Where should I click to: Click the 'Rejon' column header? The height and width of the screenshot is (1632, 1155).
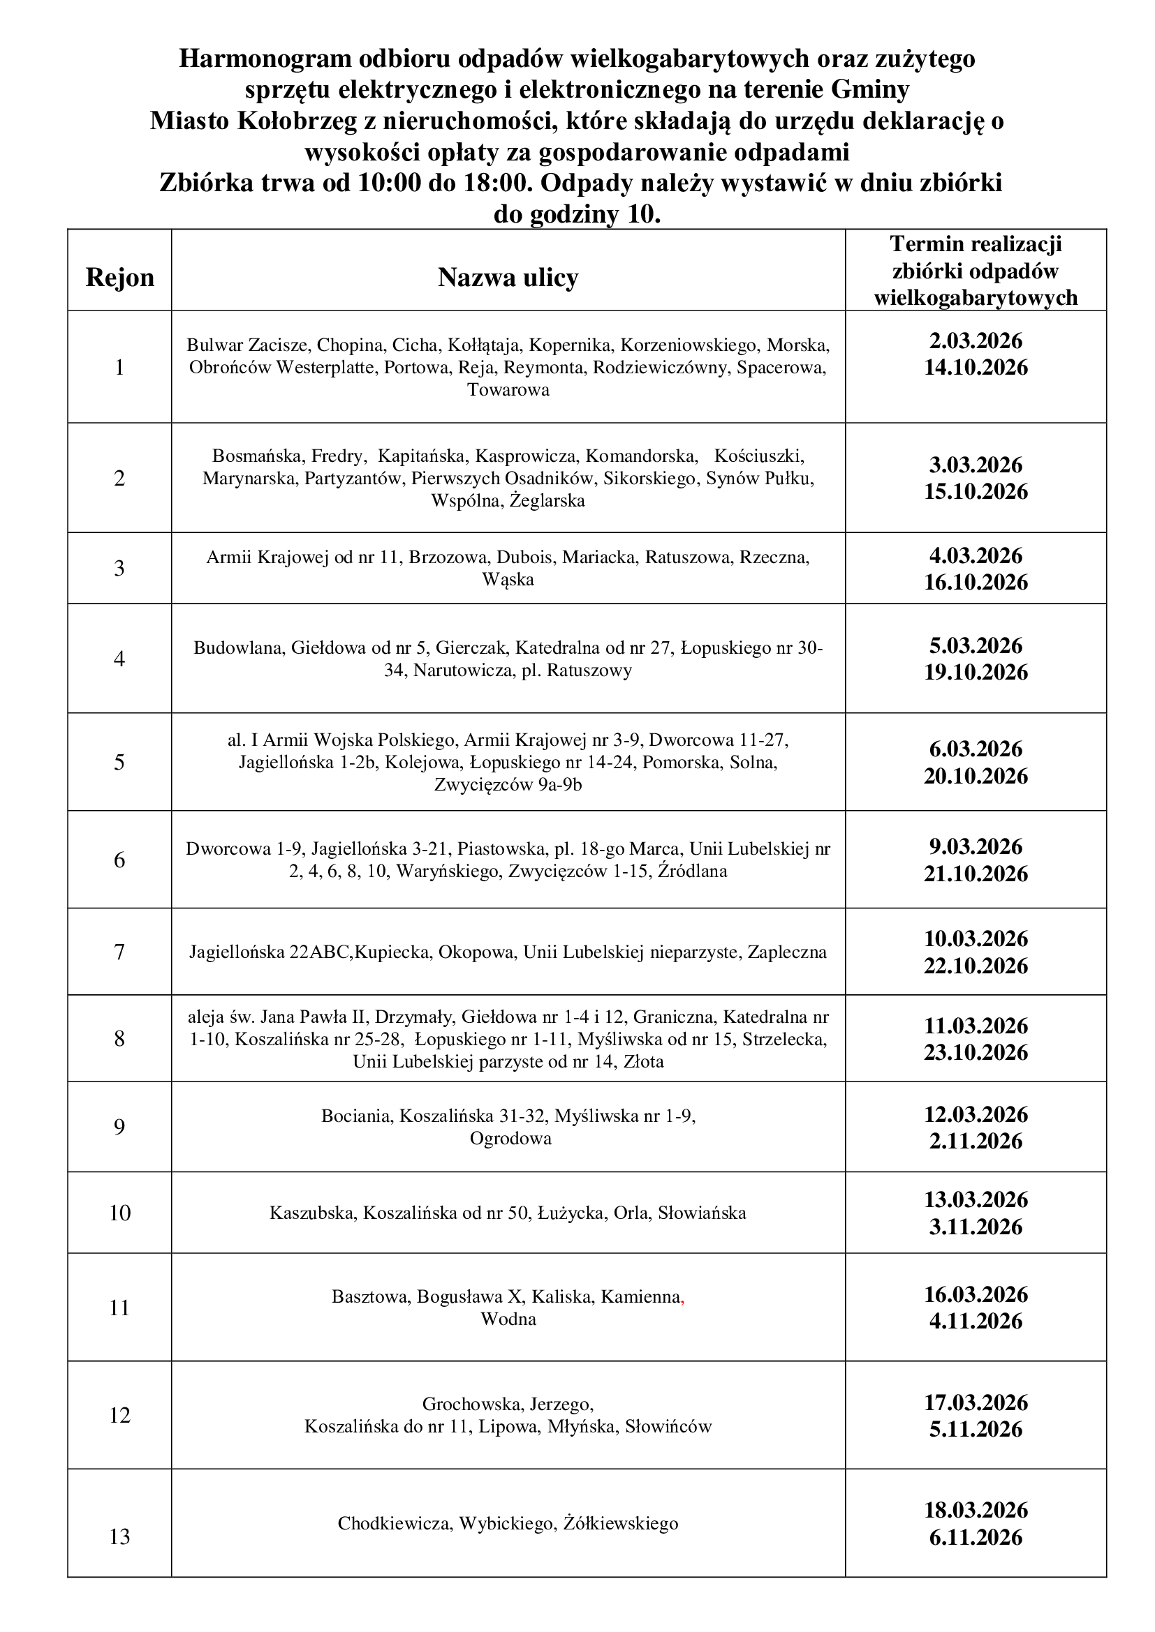click(119, 277)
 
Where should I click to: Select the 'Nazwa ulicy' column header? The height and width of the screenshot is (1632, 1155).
click(508, 277)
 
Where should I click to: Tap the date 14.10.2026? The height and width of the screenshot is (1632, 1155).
click(976, 368)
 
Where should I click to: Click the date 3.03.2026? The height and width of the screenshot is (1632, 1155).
click(976, 465)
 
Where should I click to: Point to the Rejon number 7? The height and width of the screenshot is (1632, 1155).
click(119, 951)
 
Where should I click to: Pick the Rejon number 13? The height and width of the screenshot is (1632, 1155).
click(119, 1536)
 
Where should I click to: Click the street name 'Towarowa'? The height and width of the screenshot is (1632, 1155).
click(508, 390)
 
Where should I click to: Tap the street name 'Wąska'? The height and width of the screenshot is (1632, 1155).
click(508, 580)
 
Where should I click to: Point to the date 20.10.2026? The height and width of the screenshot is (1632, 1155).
click(976, 775)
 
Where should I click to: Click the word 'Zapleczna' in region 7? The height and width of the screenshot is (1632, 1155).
click(786, 952)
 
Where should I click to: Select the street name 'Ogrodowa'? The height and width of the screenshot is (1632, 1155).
click(510, 1139)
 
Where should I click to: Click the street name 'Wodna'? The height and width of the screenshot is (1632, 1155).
click(508, 1319)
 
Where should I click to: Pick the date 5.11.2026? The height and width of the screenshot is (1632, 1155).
click(976, 1430)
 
